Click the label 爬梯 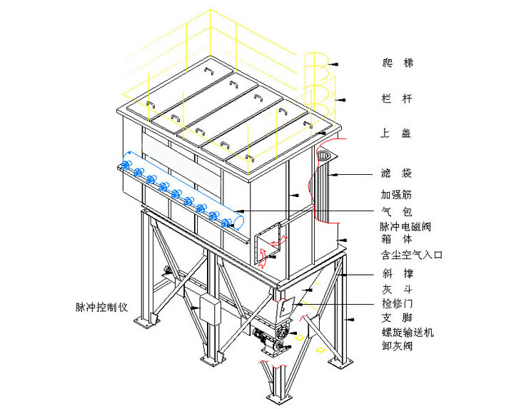coord(398,64)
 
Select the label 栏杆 coord(398,99)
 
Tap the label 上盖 coord(398,133)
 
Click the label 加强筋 coord(398,194)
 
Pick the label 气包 coord(398,211)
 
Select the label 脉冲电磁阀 coord(406,226)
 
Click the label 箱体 coord(398,240)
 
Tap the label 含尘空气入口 coord(412,254)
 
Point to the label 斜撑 coord(398,273)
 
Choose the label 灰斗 coord(398,290)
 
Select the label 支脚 coord(398,318)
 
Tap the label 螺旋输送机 coord(408,333)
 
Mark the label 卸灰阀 coord(398,346)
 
